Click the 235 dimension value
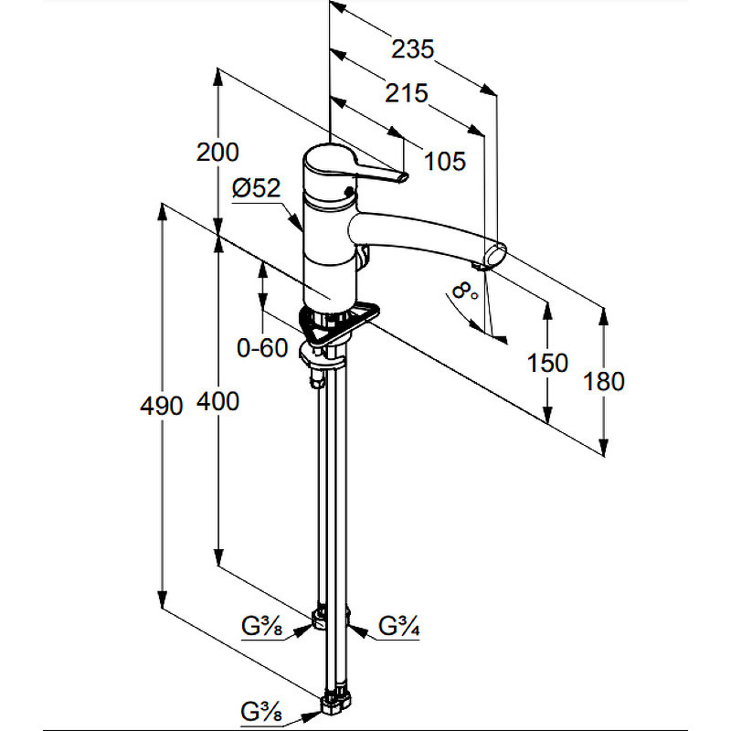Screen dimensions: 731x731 click(413, 49)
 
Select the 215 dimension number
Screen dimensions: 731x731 click(406, 93)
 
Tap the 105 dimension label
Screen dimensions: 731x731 click(445, 162)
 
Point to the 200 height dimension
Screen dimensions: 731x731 click(217, 153)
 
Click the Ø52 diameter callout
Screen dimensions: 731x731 click(257, 188)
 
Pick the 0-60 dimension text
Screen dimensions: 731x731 click(262, 348)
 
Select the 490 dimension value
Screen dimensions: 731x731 click(162, 406)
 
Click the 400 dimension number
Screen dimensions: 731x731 click(217, 401)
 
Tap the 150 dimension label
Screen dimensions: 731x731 click(547, 363)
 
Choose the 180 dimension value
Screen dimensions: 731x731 click(604, 381)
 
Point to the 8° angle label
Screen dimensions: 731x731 click(465, 291)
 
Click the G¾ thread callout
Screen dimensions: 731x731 click(399, 626)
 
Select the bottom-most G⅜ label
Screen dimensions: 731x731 click(261, 712)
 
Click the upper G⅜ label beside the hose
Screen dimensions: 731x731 click(262, 626)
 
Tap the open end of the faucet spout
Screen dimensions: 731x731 click(496, 256)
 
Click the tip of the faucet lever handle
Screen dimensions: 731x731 click(404, 177)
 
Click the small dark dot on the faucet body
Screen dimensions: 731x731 click(347, 190)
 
